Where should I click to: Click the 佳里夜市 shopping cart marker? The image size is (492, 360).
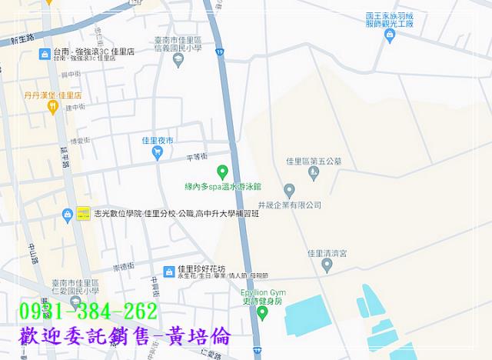pos(158,154)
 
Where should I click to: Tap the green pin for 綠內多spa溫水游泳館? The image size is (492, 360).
pos(223,172)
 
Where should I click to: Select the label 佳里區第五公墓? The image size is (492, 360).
pos(313,162)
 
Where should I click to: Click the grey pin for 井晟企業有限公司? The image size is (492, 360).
pos(289,190)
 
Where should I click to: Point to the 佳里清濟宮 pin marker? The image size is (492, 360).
pos(327,265)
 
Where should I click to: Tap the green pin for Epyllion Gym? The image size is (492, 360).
pos(261,314)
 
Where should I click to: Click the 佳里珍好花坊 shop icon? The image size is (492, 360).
pos(168,271)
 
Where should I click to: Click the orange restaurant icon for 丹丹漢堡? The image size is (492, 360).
pos(52,108)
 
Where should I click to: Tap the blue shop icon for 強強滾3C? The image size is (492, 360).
pos(45,54)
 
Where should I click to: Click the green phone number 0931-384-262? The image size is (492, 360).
pos(86,312)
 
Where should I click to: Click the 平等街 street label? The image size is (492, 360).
pos(198,157)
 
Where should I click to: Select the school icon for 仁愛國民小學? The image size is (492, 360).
pos(75,302)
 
